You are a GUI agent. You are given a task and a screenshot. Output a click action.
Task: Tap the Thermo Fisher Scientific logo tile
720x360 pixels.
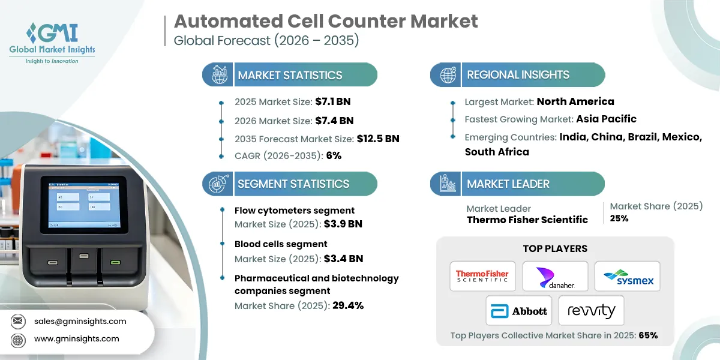coord(482,276)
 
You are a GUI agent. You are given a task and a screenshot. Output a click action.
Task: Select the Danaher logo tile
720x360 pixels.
coord(554,276)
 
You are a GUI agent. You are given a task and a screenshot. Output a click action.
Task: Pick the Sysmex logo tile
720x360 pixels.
coord(627,276)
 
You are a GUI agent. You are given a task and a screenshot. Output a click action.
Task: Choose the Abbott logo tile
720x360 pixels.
coord(519,310)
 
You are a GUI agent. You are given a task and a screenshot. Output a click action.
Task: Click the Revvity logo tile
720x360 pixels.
coord(591,310)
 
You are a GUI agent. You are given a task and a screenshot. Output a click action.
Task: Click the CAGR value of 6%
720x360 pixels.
coord(334,155)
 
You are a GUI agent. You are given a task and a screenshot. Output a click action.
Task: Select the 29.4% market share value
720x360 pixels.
coord(348,305)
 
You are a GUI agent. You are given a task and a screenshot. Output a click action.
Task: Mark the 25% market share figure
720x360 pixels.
coord(619,218)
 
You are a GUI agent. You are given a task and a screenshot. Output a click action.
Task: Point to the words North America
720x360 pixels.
coord(575,101)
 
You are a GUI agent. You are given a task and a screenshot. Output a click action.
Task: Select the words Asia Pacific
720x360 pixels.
coord(606,119)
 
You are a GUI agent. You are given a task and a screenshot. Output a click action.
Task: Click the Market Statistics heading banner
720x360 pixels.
coord(290,75)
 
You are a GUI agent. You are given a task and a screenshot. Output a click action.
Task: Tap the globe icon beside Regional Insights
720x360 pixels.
coord(448,75)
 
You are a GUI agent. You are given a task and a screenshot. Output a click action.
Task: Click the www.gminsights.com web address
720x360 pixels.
coord(77,339)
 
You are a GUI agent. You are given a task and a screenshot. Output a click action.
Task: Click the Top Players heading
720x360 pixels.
coord(555,248)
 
